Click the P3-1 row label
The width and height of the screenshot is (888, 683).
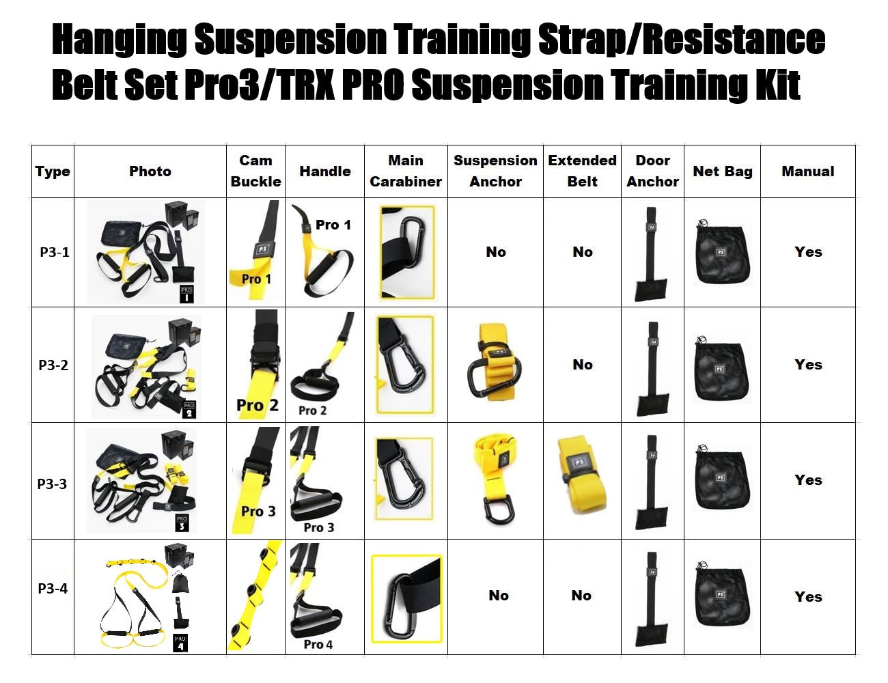pyautogui.click(x=54, y=252)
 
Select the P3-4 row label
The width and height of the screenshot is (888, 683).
pyautogui.click(x=53, y=588)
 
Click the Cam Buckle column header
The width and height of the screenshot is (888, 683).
pyautogui.click(x=255, y=171)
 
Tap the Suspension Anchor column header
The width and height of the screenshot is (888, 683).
pyautogui.click(x=495, y=171)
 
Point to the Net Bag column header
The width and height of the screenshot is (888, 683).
pyautogui.click(x=722, y=171)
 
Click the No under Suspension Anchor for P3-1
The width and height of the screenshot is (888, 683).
pyautogui.click(x=496, y=252)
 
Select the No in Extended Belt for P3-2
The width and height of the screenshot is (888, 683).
pyautogui.click(x=582, y=365)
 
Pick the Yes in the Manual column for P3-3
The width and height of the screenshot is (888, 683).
pyautogui.click(x=808, y=480)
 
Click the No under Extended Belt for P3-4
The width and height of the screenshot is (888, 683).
pyautogui.click(x=581, y=596)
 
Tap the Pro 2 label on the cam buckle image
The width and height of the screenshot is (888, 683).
pyautogui.click(x=257, y=405)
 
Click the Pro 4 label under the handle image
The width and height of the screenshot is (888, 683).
pyautogui.click(x=318, y=644)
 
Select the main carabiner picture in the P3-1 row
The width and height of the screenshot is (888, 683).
pyautogui.click(x=406, y=252)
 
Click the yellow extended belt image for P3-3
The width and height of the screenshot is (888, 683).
pyautogui.click(x=582, y=478)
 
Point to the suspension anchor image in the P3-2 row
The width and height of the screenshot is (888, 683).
pyautogui.click(x=495, y=364)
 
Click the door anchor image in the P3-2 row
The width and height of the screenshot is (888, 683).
pyautogui.click(x=652, y=369)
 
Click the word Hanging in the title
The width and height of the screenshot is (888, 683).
pyautogui.click(x=119, y=40)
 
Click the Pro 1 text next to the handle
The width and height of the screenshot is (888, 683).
pyautogui.click(x=333, y=225)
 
